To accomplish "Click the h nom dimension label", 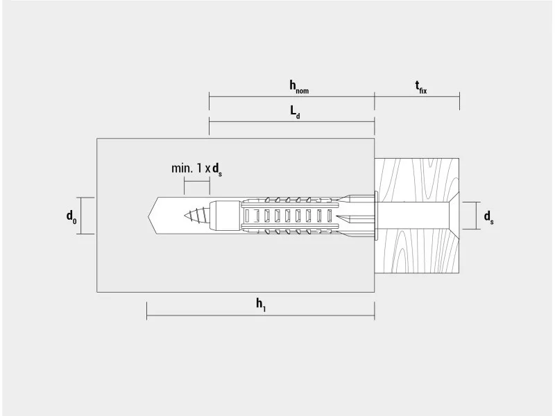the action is tap(299, 87).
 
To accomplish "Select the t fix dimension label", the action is tap(421, 87).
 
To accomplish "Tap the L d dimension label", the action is tap(296, 112).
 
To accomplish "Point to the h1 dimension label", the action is tap(261, 304).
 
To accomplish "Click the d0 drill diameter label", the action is tap(71, 216).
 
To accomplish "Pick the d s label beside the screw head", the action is tap(489, 217).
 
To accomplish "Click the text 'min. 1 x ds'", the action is tap(196, 169).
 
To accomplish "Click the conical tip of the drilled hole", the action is tap(152, 216).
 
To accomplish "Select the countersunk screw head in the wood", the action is tap(454, 216).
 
